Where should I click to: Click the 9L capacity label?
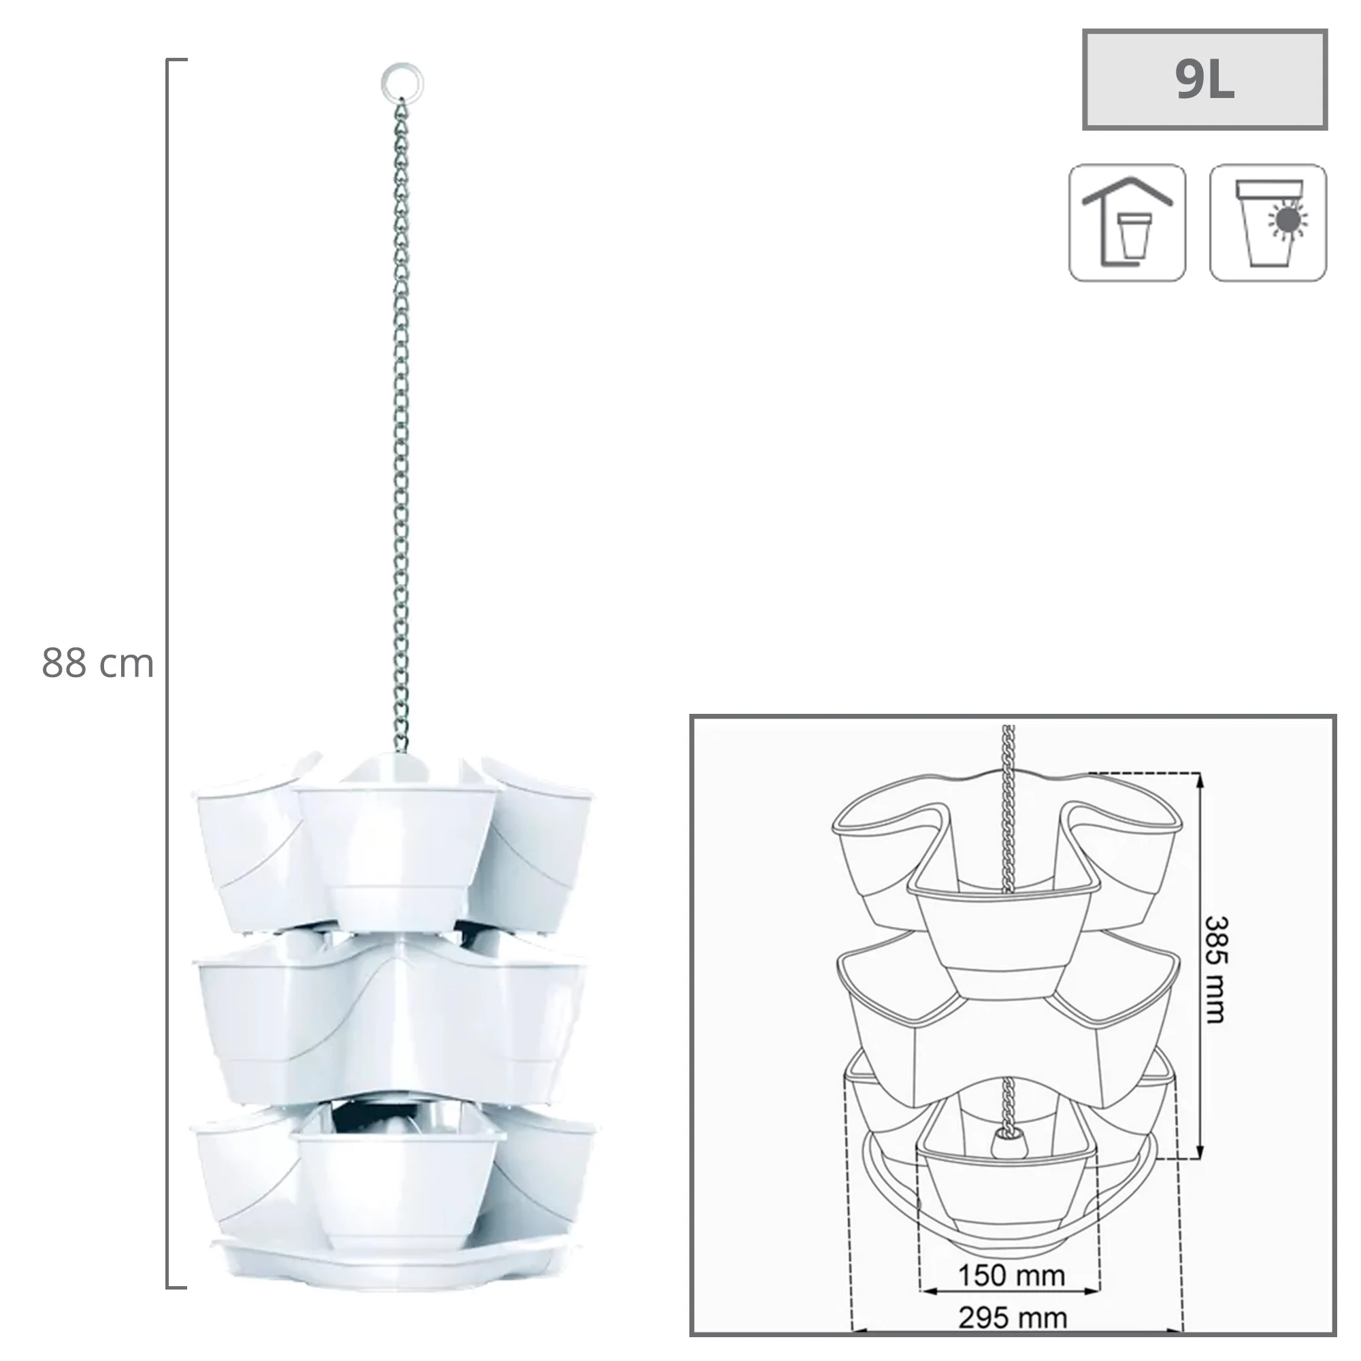pyautogui.click(x=1204, y=80)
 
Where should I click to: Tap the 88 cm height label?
pyautogui.click(x=98, y=663)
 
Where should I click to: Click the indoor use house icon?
pyautogui.click(x=1127, y=223)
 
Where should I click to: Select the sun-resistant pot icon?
pyautogui.click(x=1268, y=223)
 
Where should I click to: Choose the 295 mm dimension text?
pyautogui.click(x=1013, y=1317)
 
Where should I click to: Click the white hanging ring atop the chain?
pyautogui.click(x=402, y=83)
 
